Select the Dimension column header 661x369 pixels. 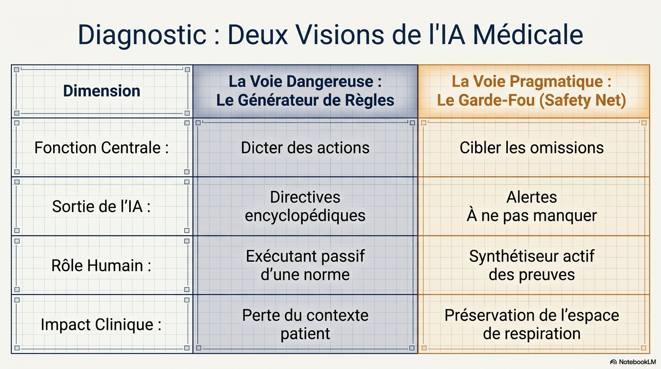[x=101, y=91]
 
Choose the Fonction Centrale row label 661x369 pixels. [x=101, y=148]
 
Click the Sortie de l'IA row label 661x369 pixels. [x=101, y=206]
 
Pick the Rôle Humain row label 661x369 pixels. [x=101, y=265]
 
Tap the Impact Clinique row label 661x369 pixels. [x=101, y=325]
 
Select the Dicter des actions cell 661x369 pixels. [x=305, y=148]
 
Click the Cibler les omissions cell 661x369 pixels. [x=531, y=148]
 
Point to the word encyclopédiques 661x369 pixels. [x=305, y=216]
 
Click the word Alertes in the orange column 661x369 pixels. [x=531, y=197]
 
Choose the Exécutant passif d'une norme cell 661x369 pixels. [x=305, y=265]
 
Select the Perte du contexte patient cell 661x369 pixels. [x=305, y=324]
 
